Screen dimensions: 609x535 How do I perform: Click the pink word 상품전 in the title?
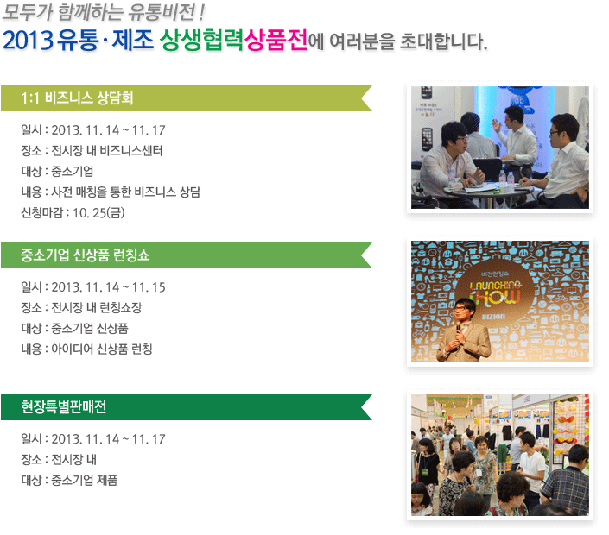point(276,40)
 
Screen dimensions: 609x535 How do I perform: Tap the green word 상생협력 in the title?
point(202,40)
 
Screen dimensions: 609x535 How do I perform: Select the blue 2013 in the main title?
point(28,41)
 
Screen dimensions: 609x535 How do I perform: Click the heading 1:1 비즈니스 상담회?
point(77,98)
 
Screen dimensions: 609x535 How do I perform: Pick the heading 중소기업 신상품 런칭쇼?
point(85,255)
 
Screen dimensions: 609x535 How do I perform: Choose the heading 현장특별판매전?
point(64,406)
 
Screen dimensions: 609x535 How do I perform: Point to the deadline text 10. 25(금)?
point(98,212)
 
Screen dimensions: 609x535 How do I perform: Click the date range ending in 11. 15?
point(108,287)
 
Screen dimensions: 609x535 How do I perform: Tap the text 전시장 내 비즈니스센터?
point(107,150)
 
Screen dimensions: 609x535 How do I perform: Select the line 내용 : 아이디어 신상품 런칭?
point(86,349)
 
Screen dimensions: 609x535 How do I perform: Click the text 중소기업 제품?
point(85,481)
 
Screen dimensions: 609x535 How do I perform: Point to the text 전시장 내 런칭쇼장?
point(97,308)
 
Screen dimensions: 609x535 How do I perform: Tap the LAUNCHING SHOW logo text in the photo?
point(495,292)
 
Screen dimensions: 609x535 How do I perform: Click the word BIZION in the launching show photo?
point(493,317)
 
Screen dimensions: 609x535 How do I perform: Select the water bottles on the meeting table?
point(506,178)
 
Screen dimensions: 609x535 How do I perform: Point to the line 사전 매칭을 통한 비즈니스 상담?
point(126,192)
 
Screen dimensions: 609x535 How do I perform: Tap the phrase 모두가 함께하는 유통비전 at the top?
point(99,12)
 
